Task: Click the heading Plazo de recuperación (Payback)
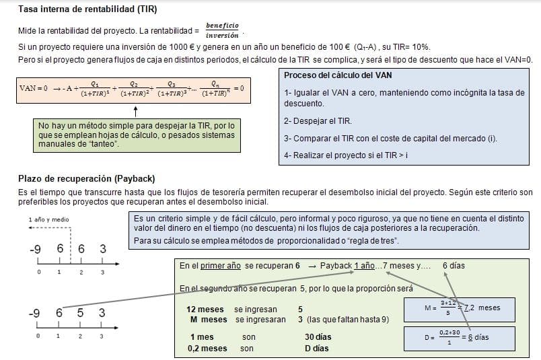(87, 178)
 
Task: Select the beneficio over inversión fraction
(221, 30)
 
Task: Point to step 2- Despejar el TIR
(318, 121)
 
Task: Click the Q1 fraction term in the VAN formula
(96, 89)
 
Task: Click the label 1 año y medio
(48, 219)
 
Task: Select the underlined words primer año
(221, 266)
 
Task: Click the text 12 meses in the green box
(205, 309)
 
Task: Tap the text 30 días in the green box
(318, 336)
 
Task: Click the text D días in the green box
(316, 349)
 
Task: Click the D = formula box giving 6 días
(460, 337)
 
